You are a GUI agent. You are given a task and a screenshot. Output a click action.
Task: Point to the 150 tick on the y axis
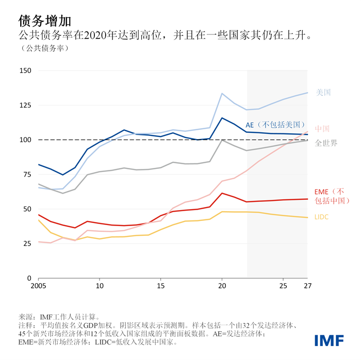(25, 71)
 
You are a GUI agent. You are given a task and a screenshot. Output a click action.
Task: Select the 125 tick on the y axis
(25, 105)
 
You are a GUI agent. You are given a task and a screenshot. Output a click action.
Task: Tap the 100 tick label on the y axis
(25, 140)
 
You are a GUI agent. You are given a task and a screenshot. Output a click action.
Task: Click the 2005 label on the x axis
(39, 285)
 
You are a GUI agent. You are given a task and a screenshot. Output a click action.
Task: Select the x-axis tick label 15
(161, 285)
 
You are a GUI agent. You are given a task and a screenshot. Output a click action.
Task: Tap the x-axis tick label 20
(222, 285)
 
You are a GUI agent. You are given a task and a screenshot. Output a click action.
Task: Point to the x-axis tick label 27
(307, 285)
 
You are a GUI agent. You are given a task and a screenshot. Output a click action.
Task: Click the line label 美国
(323, 93)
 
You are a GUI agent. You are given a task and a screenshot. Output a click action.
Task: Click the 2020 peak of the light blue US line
(222, 93)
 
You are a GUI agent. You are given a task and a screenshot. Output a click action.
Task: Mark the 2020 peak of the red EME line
(222, 193)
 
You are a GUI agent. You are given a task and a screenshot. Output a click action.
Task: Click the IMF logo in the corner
(330, 339)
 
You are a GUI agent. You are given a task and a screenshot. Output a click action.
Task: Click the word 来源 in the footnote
(26, 317)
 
